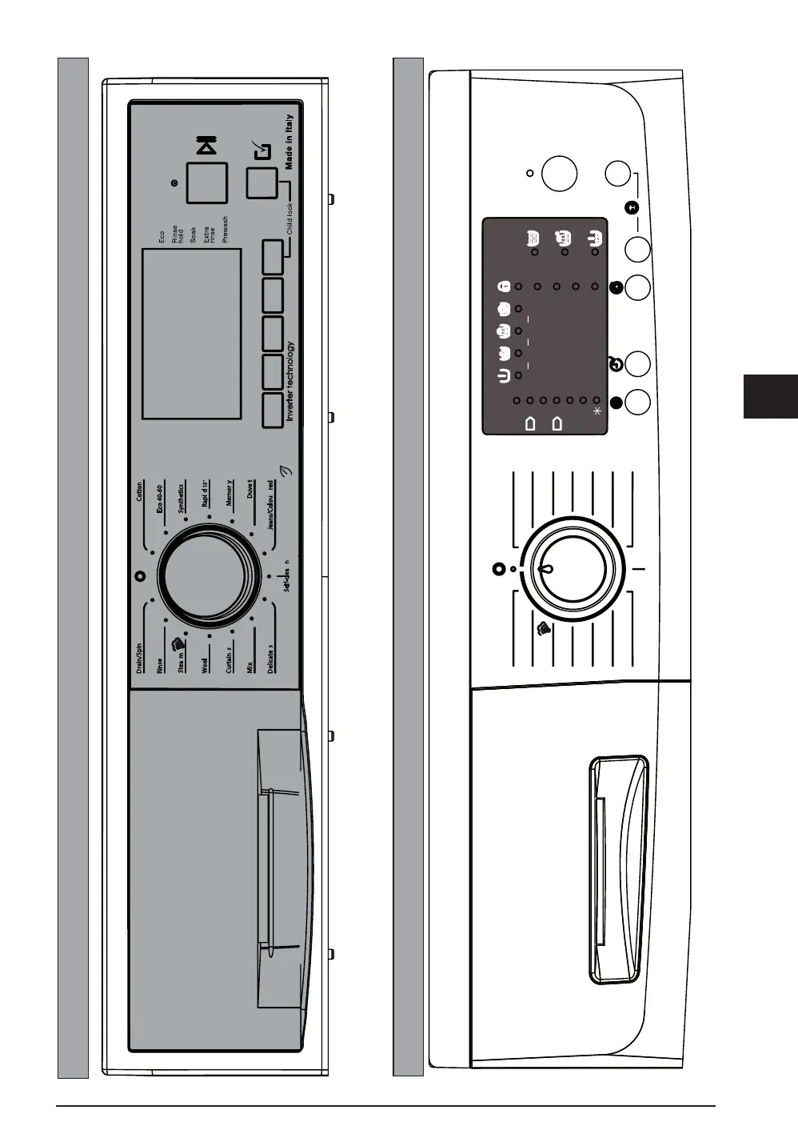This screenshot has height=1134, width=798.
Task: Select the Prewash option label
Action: point(225,229)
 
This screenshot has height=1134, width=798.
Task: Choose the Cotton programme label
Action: point(140,491)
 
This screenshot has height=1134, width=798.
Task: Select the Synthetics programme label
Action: point(182,497)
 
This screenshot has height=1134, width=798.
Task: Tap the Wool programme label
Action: point(204,666)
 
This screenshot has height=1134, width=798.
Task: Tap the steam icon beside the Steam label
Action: point(179,642)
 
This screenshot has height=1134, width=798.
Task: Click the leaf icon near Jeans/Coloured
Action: point(285,471)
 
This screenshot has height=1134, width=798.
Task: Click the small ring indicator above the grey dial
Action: point(140,575)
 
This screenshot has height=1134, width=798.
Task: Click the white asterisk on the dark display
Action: point(597,411)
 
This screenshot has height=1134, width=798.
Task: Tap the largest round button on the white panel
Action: point(559,173)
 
